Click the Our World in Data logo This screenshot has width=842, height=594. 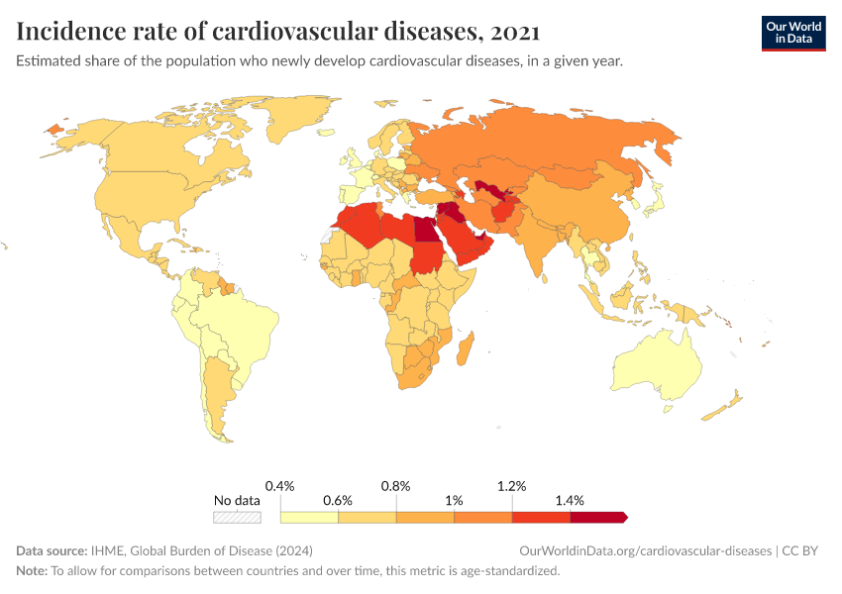click(x=792, y=33)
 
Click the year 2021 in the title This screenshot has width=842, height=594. click(x=515, y=32)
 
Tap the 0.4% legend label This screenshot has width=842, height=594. click(x=281, y=486)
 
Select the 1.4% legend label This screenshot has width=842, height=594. click(x=570, y=501)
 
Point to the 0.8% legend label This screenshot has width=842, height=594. click(x=396, y=486)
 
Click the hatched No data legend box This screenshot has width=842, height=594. click(x=238, y=517)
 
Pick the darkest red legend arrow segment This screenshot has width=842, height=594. click(x=598, y=517)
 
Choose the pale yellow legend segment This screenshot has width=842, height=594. click(x=309, y=517)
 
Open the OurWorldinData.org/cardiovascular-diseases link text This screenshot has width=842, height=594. click(x=645, y=550)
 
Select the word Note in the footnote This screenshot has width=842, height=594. click(x=31, y=571)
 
